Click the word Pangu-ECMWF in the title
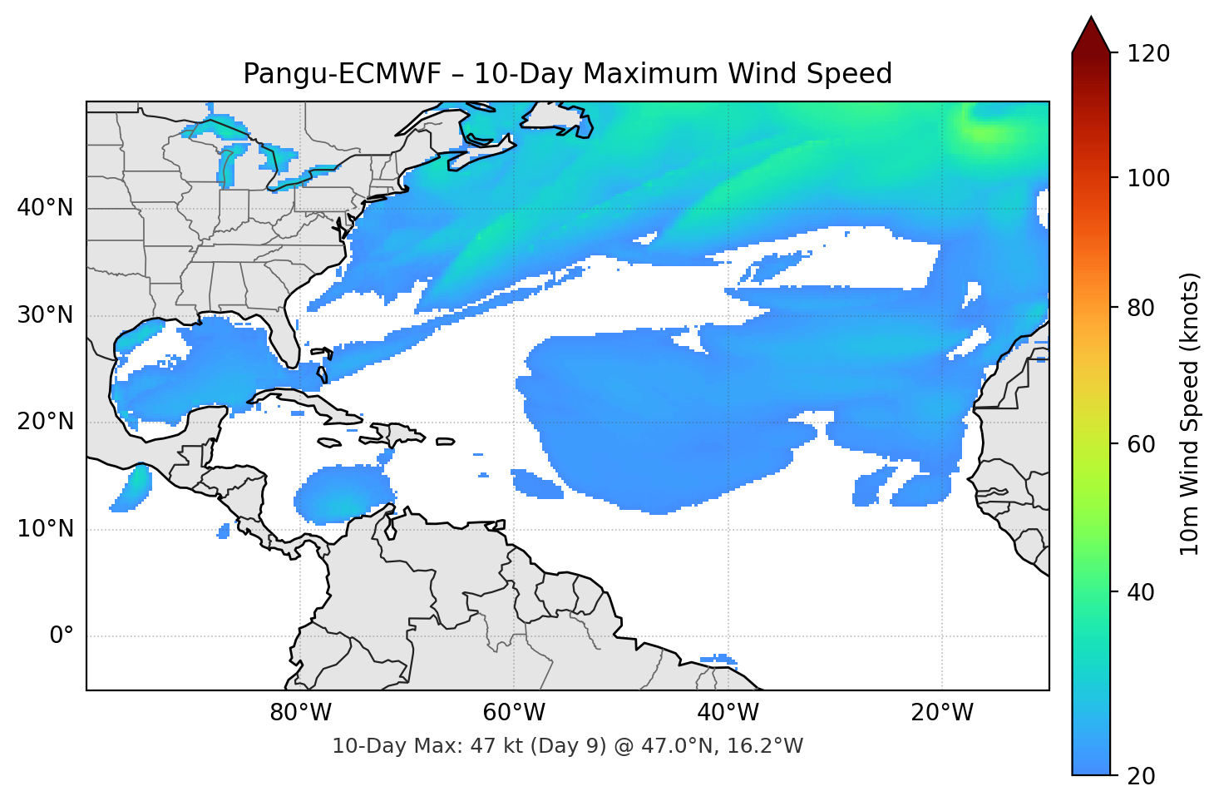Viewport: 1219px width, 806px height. tap(342, 74)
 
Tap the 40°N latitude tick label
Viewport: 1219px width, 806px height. tap(45, 208)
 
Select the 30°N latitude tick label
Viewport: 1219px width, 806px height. tap(45, 315)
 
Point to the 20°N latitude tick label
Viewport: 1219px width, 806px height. tap(45, 422)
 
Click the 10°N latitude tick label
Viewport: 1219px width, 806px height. tap(45, 529)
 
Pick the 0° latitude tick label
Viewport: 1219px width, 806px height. tap(62, 636)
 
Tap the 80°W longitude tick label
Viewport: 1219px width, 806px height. tap(300, 713)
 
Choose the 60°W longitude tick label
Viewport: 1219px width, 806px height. tap(514, 713)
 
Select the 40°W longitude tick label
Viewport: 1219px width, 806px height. tap(728, 713)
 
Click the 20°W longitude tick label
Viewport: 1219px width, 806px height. tap(941, 713)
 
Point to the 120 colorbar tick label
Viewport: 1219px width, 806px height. tap(1148, 54)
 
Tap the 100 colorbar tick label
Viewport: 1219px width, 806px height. tap(1148, 178)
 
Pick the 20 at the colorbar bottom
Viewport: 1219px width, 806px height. tap(1142, 776)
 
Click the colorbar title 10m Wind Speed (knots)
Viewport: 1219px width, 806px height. tap(1190, 413)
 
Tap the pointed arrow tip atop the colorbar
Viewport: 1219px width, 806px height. tap(1091, 19)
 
